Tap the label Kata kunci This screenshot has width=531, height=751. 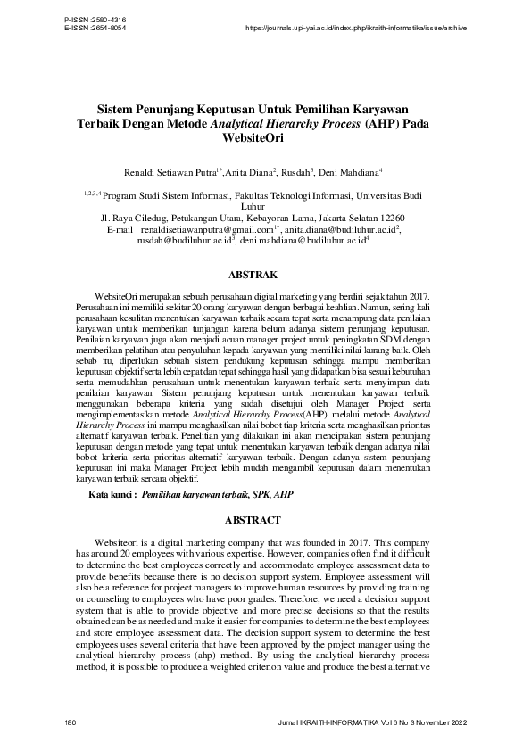pos(112,493)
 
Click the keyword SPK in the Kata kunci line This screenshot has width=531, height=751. pos(255,493)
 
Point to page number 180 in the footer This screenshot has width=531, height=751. pos(71,720)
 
